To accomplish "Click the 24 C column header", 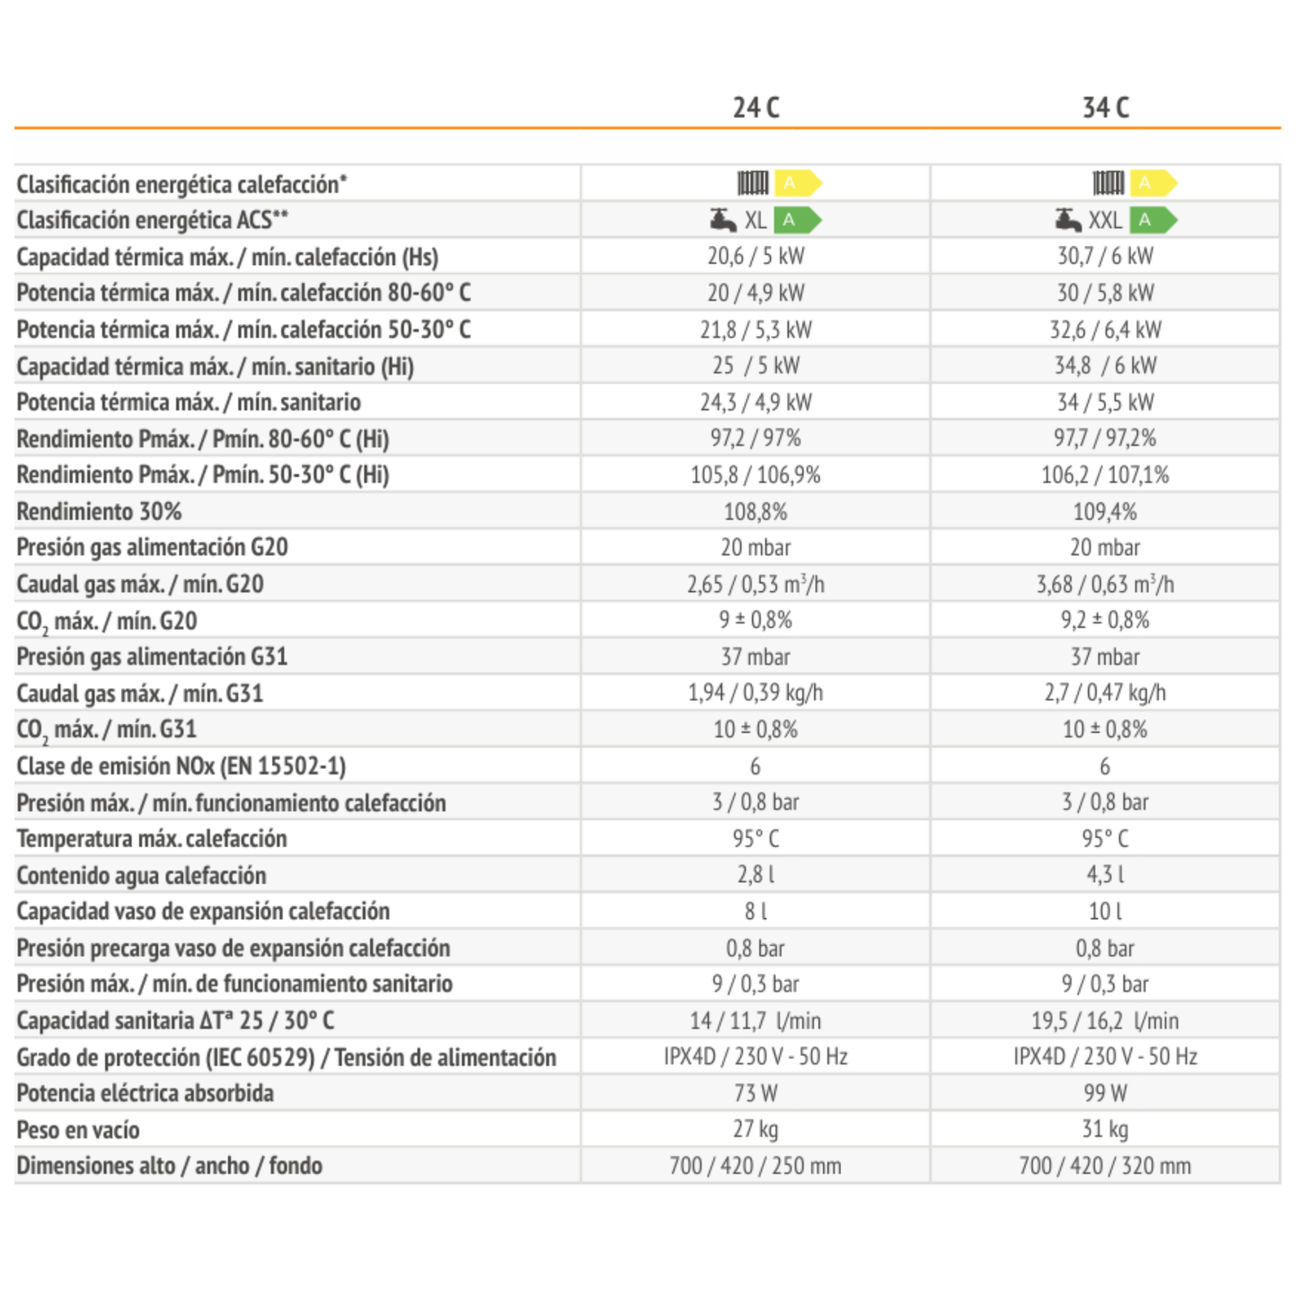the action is [755, 108].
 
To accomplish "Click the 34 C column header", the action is [1106, 108].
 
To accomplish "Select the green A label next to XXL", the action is [1154, 220].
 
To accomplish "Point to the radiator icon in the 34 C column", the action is [1108, 182].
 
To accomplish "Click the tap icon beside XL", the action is [723, 219].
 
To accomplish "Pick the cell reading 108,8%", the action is [755, 512].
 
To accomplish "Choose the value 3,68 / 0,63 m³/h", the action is [1106, 584].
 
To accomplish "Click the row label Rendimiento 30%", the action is [99, 512].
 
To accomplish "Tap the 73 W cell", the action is [755, 1093].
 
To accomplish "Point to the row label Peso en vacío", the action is [78, 1130].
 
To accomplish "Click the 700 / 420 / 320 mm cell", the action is [1106, 1166].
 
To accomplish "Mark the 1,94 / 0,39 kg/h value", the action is [755, 693].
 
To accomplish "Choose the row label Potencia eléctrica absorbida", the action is [146, 1093].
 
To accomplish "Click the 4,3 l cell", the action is [1106, 875].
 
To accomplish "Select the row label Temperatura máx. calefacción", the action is [152, 839].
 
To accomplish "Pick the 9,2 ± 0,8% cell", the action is [1106, 621].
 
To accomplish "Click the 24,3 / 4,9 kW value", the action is [755, 402].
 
